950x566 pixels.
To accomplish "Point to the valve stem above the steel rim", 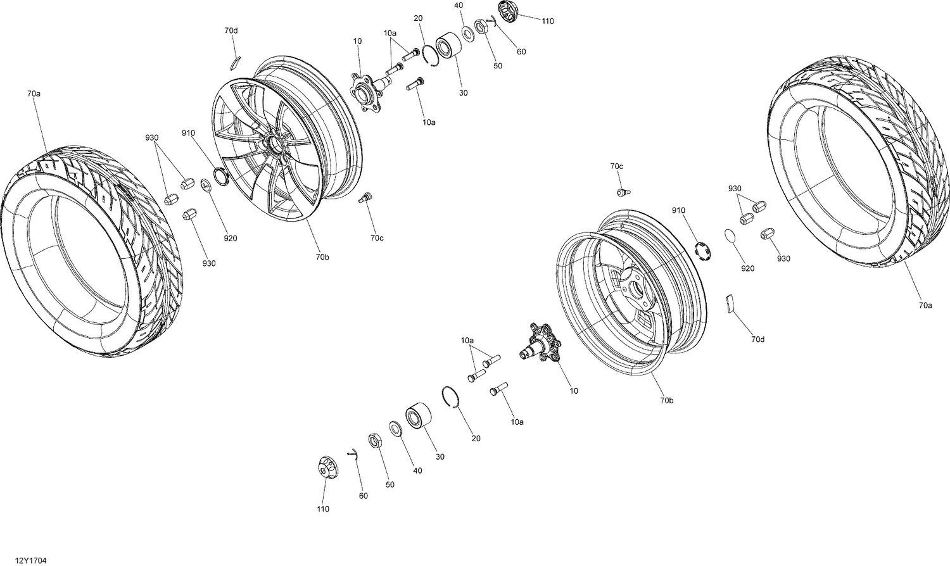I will [623, 191].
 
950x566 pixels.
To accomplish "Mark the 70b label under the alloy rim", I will [322, 257].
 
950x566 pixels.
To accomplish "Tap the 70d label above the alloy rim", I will [231, 30].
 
